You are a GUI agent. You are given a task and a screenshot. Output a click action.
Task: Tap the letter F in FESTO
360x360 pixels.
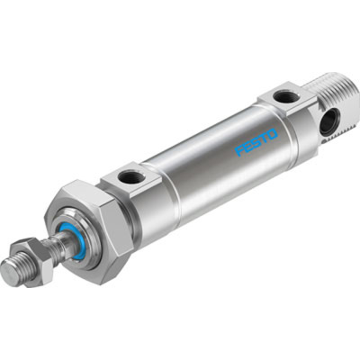click(x=240, y=152)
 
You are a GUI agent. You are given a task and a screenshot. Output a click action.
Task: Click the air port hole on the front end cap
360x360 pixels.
click(x=132, y=177)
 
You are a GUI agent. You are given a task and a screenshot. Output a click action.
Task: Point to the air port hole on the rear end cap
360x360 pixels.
click(x=283, y=96)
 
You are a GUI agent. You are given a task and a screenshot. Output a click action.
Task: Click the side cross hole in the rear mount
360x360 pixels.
click(x=328, y=122)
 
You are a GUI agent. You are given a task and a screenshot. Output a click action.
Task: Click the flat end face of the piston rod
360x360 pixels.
click(x=10, y=273)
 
